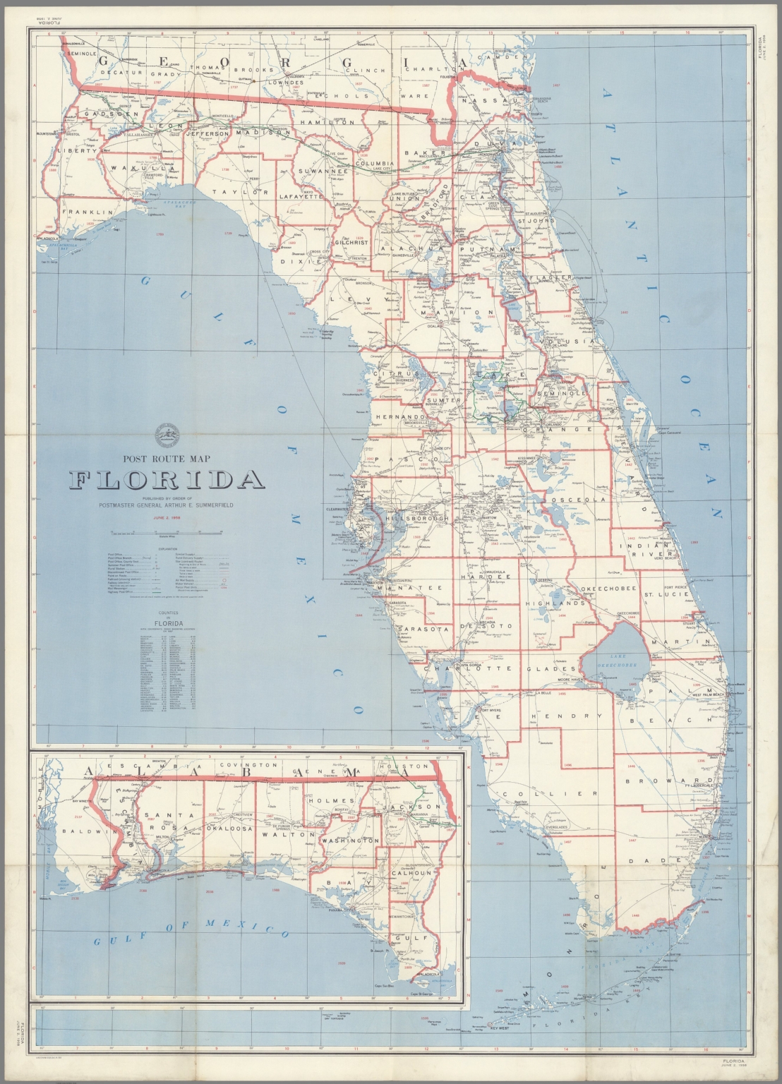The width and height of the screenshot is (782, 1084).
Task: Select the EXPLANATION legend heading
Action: click(167, 548)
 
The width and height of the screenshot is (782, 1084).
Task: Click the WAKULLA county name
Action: click(142, 169)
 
